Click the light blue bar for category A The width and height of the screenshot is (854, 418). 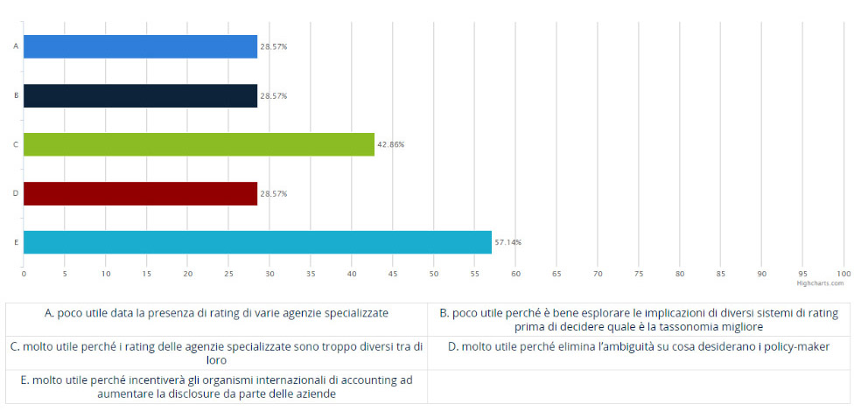click(140, 46)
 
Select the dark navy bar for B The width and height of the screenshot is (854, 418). click(140, 95)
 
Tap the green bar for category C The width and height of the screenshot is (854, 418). click(199, 144)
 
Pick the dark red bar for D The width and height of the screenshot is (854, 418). click(140, 193)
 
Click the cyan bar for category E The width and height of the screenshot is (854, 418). click(257, 242)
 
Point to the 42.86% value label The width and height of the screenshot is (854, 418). click(390, 144)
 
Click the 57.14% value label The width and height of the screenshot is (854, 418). click(507, 242)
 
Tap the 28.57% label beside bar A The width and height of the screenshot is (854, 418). click(273, 46)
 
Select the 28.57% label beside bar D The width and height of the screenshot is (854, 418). click(273, 193)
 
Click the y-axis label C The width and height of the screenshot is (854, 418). click(16, 144)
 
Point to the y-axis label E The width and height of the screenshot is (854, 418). click(16, 242)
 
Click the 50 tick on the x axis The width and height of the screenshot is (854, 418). click(434, 273)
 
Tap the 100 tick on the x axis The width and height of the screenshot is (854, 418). click(843, 273)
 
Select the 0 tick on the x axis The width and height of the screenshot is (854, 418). click(24, 273)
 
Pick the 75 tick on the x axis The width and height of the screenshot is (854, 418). click(639, 273)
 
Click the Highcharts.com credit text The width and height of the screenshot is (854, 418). click(820, 283)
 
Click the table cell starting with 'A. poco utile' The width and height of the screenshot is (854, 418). click(216, 312)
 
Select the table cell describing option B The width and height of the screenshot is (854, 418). click(638, 319)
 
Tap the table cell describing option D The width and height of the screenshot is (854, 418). click(638, 346)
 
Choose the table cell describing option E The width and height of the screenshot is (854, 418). click(216, 387)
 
